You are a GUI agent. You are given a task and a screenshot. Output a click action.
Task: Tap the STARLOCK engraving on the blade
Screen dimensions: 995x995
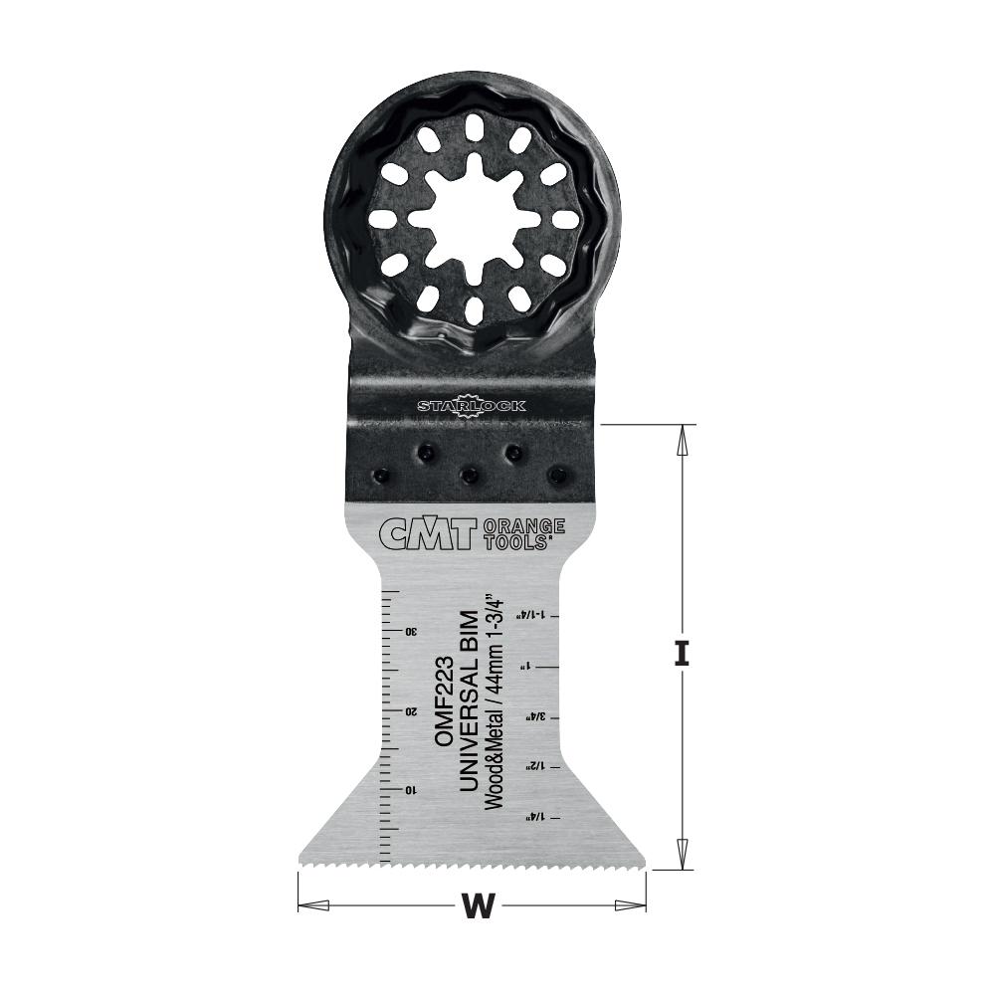point(472,406)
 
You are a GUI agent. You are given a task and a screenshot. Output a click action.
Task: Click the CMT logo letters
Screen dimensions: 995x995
point(428,534)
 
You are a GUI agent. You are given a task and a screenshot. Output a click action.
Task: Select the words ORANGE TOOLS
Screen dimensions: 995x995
point(523,534)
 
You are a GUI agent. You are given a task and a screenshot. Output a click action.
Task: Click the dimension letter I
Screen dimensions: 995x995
point(682,655)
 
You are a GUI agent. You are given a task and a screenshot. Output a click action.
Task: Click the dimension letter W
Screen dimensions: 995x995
point(479,906)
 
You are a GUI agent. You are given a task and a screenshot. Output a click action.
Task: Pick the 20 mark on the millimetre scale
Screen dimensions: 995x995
point(410,710)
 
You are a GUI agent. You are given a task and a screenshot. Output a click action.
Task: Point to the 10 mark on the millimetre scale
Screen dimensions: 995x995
point(410,789)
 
